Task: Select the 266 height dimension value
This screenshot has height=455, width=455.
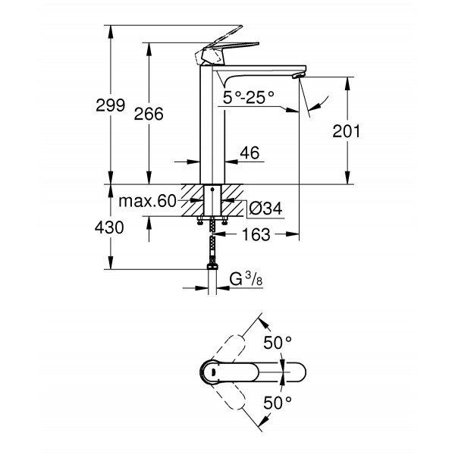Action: point(149,113)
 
